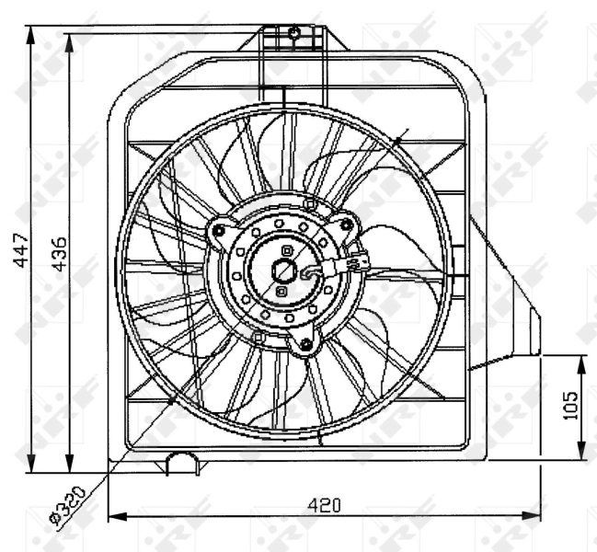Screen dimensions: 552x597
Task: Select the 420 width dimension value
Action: (323, 505)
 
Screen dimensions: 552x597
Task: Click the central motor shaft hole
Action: (285, 270)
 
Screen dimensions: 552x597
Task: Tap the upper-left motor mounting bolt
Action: (219, 231)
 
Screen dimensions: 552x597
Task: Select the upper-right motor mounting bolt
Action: (346, 224)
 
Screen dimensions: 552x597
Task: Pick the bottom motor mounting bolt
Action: (304, 345)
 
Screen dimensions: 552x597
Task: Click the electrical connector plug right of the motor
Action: (356, 264)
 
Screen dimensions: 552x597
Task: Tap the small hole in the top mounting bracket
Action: (293, 34)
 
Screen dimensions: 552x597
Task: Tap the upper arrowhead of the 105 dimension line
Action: (582, 360)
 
